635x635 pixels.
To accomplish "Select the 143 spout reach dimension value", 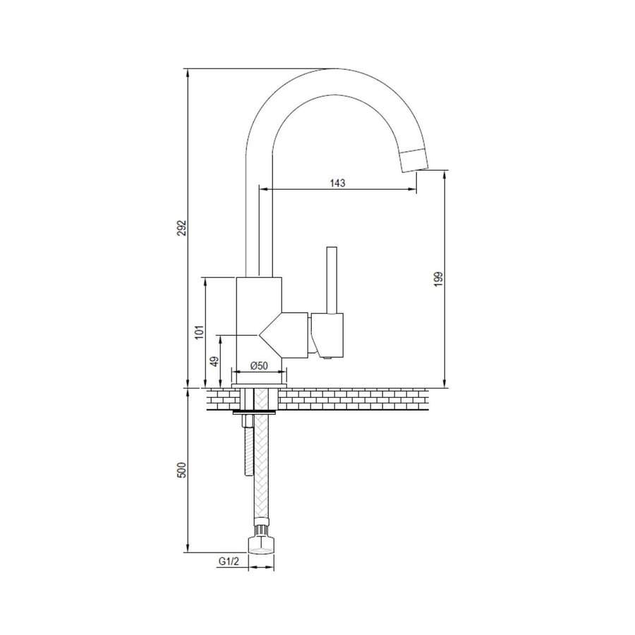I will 337,183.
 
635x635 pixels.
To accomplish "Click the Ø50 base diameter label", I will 259,365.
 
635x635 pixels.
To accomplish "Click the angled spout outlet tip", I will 415,160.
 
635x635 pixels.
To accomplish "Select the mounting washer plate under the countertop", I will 256,410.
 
